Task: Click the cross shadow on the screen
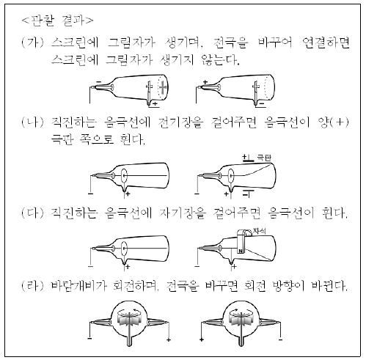point(163,87)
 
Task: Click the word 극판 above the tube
point(264,158)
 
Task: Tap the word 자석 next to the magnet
point(260,231)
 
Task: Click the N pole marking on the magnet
point(241,251)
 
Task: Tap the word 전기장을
point(180,122)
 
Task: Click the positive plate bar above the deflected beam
point(249,161)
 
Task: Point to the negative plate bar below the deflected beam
point(249,190)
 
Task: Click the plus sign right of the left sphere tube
point(169,339)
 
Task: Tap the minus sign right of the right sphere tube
point(280,339)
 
